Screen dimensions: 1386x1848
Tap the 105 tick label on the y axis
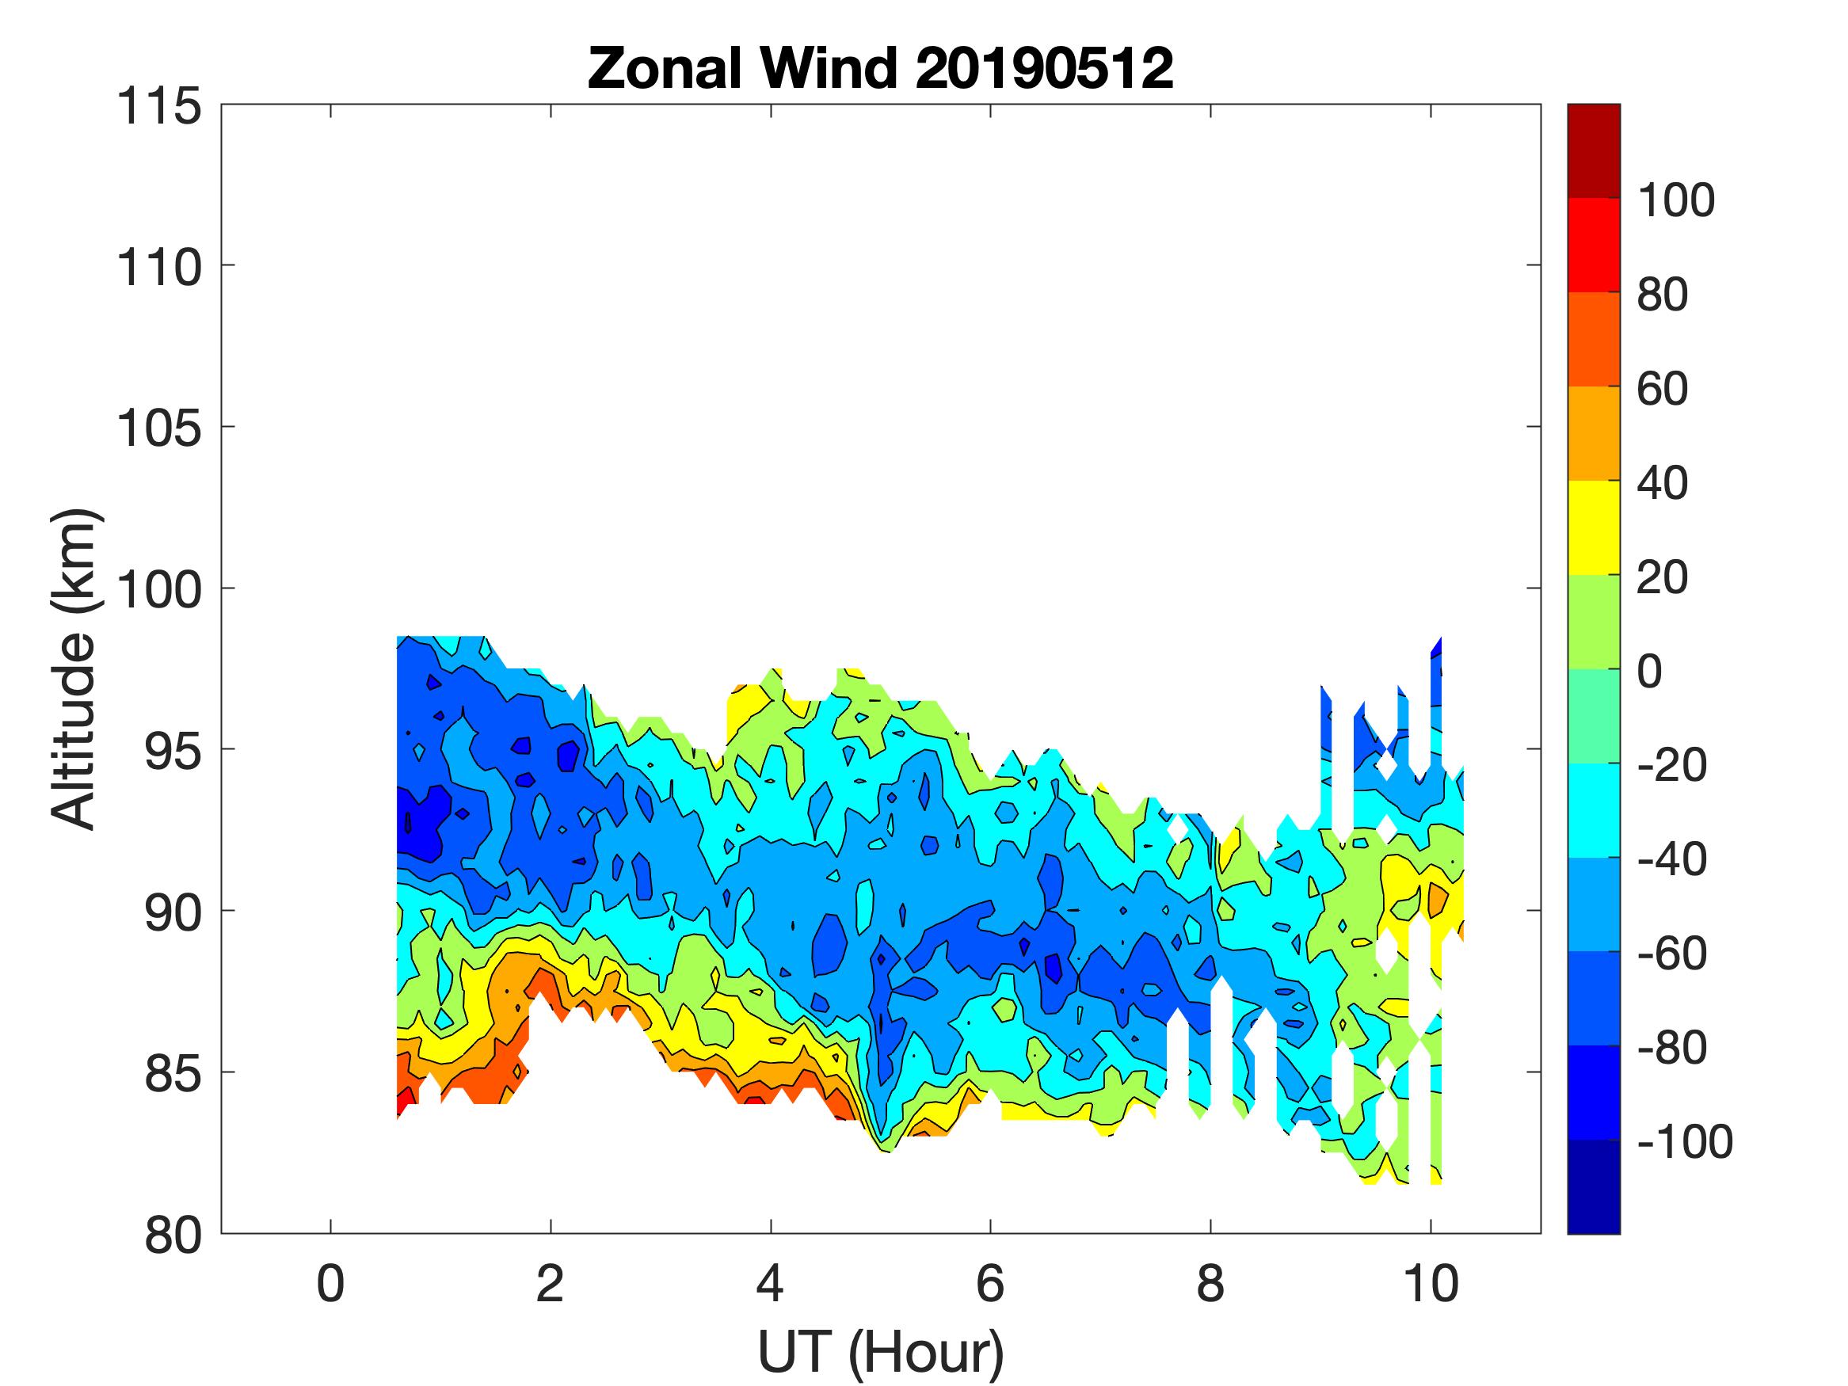coord(158,428)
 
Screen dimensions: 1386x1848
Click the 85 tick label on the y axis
coord(172,1073)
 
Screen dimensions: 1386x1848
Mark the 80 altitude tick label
coord(172,1235)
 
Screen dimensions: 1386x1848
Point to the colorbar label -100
coord(1684,1141)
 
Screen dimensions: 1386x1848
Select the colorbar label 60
coord(1663,389)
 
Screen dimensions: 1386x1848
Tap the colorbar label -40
coord(1671,859)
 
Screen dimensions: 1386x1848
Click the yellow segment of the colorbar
coord(1593,527)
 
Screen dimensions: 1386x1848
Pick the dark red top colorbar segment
coord(1593,150)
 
